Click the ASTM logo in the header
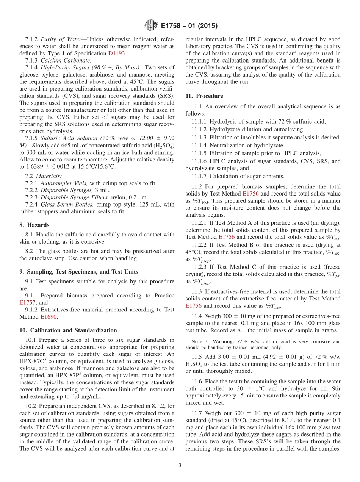151,26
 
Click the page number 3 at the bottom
180,465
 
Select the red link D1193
116,53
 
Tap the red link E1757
27,302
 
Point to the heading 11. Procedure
204,96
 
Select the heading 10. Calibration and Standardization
68,330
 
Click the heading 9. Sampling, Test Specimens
78,272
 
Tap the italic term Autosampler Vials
59,183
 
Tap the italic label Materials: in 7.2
48,176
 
